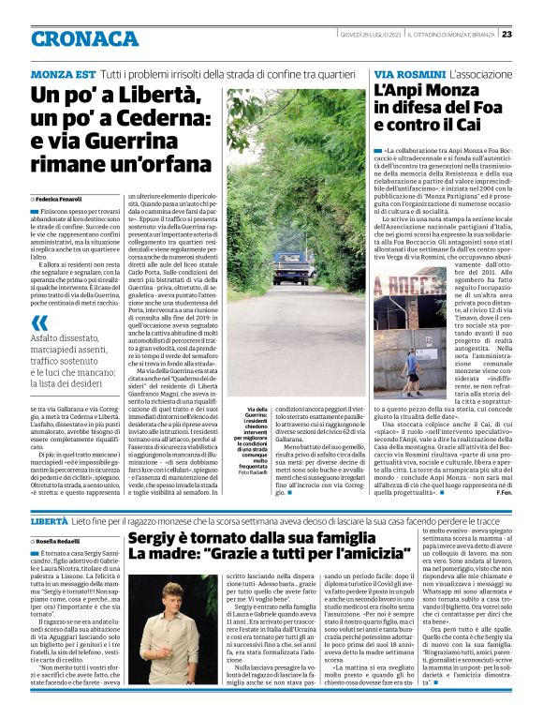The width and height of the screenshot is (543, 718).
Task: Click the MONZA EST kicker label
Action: click(62, 73)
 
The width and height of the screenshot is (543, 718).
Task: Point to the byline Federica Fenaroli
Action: click(62, 200)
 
